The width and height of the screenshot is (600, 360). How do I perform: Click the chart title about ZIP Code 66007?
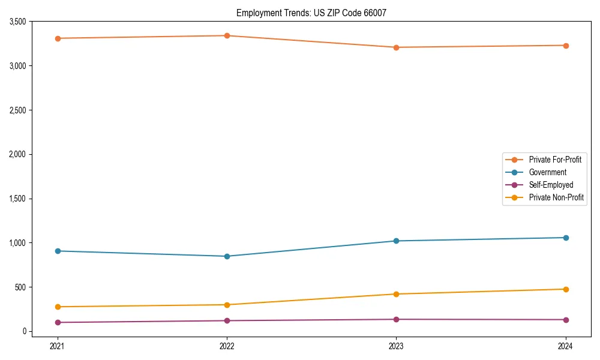(316, 13)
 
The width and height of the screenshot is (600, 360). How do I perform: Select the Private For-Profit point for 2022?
(227, 35)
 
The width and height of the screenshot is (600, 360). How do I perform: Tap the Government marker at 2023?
(396, 241)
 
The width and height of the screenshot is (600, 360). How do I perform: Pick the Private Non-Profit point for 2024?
(565, 289)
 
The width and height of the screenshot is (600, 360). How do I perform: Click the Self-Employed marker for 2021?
(58, 322)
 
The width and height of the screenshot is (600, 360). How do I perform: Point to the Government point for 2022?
(227, 256)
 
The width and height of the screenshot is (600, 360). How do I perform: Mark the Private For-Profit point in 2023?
(396, 47)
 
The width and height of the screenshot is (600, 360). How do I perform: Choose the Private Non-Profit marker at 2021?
(58, 307)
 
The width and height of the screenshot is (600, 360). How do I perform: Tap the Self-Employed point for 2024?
(565, 320)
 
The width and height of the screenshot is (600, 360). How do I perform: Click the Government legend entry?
(547, 172)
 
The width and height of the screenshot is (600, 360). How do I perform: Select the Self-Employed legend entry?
(551, 185)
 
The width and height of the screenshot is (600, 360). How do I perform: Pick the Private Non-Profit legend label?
(556, 197)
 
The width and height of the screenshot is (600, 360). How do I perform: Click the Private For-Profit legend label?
(555, 160)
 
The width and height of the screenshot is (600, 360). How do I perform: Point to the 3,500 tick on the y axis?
(16, 22)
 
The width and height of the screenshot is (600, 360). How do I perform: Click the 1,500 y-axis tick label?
(16, 199)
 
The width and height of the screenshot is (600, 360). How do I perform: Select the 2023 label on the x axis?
(396, 346)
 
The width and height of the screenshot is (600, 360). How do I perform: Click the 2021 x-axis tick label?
(58, 346)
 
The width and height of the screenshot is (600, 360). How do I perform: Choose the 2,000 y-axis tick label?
(16, 154)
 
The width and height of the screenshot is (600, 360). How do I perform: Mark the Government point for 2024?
(565, 238)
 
